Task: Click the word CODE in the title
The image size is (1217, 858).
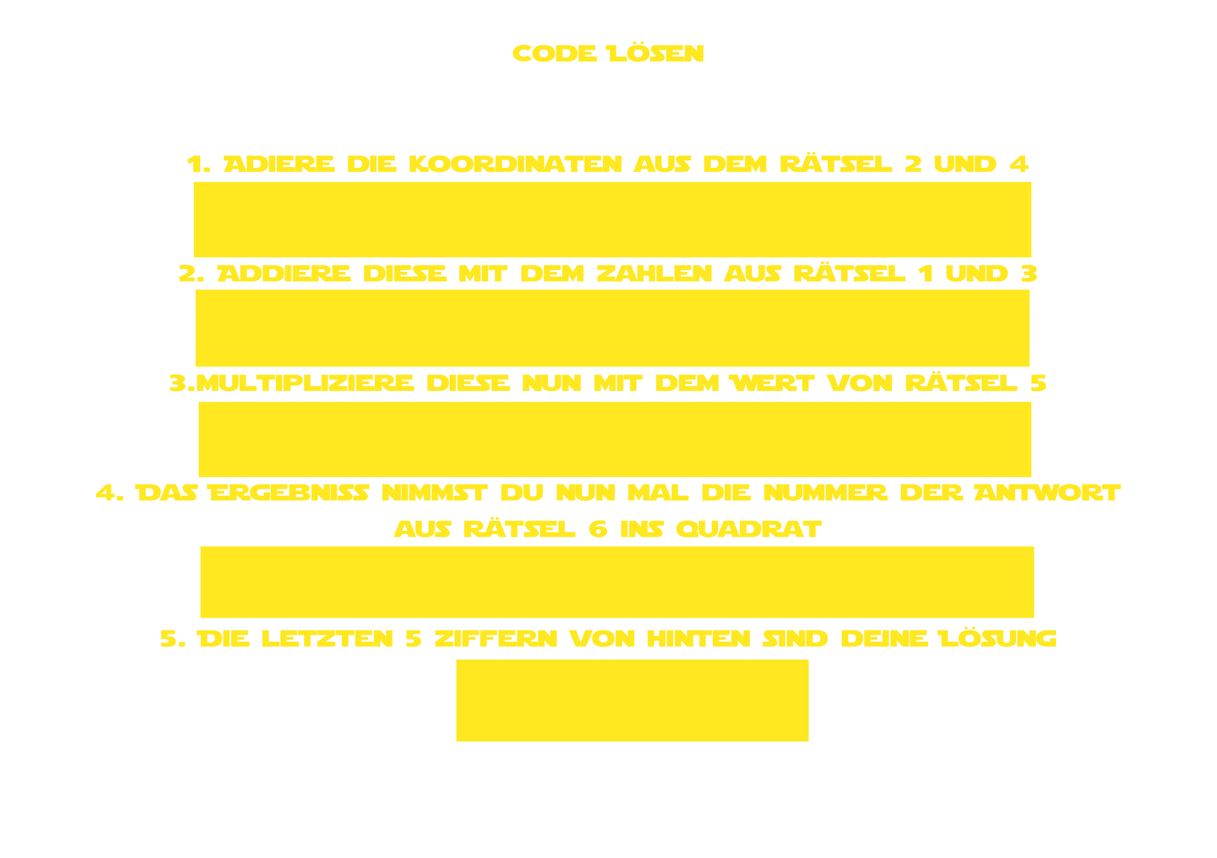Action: click(554, 54)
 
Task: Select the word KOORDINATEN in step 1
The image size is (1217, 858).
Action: click(515, 164)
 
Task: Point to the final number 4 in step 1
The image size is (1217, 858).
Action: click(1019, 164)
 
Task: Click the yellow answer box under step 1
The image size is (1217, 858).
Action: click(612, 219)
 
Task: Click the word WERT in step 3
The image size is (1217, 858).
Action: click(772, 383)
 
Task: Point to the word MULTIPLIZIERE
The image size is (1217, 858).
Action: click(305, 383)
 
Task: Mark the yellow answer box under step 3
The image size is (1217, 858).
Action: click(615, 439)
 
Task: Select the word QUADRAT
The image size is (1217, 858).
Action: click(749, 529)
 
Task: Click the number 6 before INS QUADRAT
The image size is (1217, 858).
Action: click(598, 529)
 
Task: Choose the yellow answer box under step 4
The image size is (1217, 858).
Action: click(617, 582)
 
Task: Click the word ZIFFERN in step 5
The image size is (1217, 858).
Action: click(496, 639)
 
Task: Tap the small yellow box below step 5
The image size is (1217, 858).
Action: click(632, 701)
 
